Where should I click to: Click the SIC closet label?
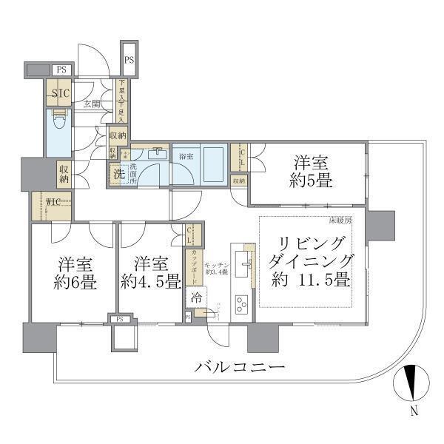click(61, 94)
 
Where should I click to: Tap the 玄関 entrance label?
click(92, 104)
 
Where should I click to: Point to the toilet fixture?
click(58, 122)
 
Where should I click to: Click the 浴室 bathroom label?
click(186, 157)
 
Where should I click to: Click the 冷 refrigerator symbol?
click(195, 297)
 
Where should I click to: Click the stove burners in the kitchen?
click(242, 303)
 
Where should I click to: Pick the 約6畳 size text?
click(73, 282)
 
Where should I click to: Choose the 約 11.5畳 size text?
click(312, 282)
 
